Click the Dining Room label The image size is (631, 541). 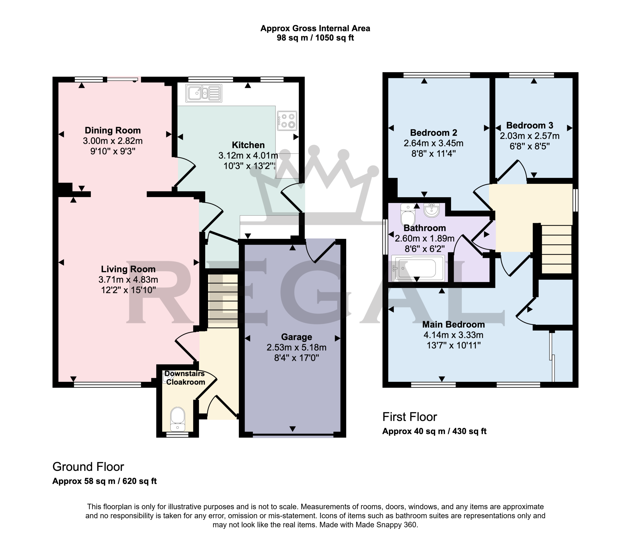click(x=113, y=131)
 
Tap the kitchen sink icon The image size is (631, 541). click(x=203, y=93)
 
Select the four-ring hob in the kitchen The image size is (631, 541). click(x=287, y=120)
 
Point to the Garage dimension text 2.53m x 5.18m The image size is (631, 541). click(x=296, y=347)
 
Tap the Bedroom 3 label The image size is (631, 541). click(x=530, y=125)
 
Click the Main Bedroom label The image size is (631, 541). click(x=454, y=324)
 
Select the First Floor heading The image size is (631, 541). click(x=410, y=417)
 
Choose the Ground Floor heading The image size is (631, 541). click(x=88, y=467)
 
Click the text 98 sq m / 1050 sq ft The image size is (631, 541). click(x=315, y=38)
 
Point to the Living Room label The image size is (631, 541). click(x=128, y=269)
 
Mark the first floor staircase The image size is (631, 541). click(x=556, y=249)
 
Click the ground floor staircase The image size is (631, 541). click(x=223, y=301)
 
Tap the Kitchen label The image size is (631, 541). click(x=248, y=145)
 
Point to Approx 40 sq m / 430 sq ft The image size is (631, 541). click(x=434, y=431)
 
